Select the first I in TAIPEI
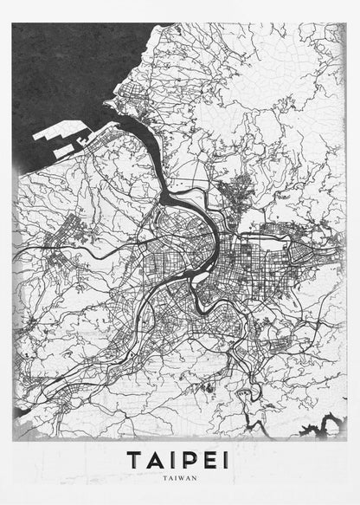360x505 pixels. [175, 459]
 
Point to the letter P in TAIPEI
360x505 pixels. [190, 459]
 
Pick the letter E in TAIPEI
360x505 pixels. [210, 459]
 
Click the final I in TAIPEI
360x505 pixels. [227, 459]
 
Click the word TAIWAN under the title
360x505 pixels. [180, 477]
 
